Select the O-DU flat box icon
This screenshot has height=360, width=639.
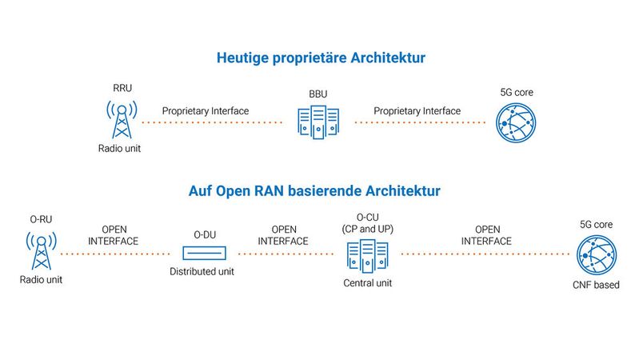[x=204, y=253]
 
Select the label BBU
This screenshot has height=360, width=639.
[x=318, y=94]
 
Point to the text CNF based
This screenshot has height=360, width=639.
[x=596, y=285]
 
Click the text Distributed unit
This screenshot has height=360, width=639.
[x=204, y=272]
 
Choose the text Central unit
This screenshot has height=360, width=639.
[x=367, y=283]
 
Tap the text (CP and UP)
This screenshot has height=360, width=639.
[x=367, y=230]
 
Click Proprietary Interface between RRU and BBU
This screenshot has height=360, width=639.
[x=206, y=110]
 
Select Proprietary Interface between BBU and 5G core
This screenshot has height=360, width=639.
[x=417, y=110]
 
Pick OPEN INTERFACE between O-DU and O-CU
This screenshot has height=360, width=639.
[x=284, y=235]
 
